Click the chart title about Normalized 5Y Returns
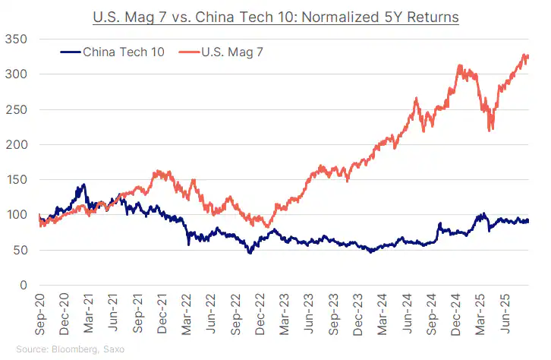point(276,15)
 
